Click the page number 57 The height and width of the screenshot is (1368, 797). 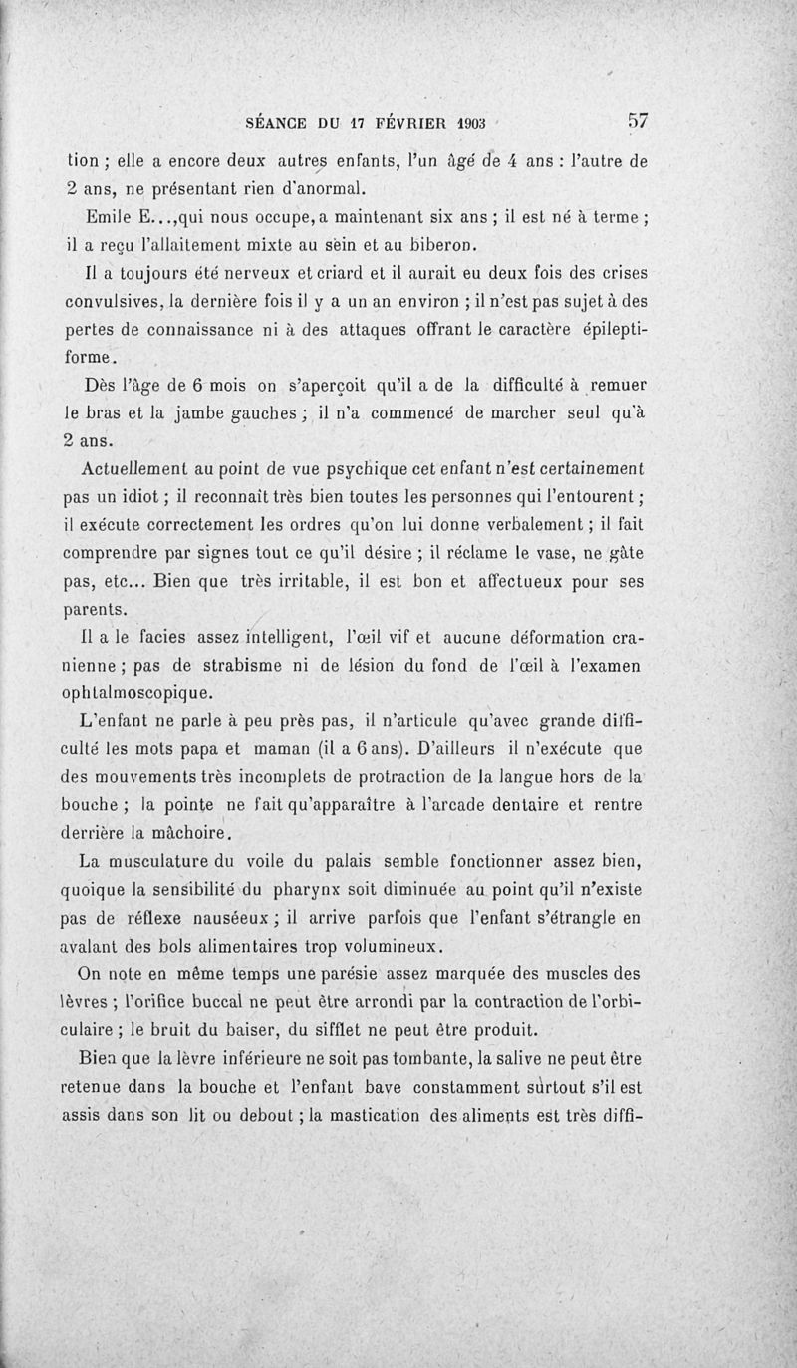point(638,121)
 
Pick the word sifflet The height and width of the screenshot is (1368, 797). point(353,1029)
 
